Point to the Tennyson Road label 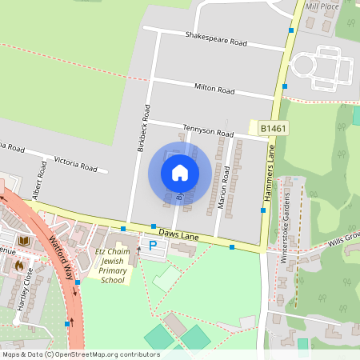click(208, 131)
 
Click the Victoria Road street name click(75, 165)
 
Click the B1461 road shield click(274, 127)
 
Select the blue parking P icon click(150, 246)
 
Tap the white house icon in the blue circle click(180, 172)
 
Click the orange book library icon click(24, 241)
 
